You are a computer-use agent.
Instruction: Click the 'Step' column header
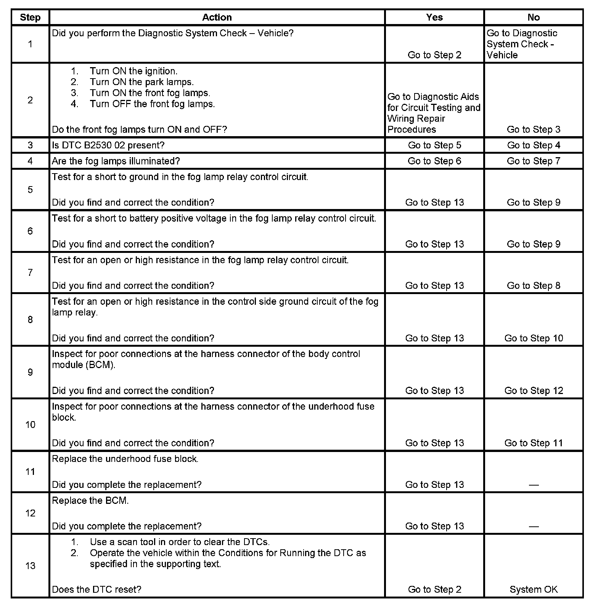[30, 18]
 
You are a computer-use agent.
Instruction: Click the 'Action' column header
[217, 18]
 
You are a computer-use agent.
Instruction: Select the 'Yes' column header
[434, 18]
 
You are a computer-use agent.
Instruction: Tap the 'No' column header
[534, 18]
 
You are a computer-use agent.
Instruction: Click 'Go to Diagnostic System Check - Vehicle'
[522, 44]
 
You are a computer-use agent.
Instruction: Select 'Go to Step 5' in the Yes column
[434, 145]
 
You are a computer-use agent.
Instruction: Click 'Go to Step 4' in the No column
[534, 145]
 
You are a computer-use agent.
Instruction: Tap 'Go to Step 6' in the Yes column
[434, 161]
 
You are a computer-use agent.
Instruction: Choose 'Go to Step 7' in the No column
[534, 161]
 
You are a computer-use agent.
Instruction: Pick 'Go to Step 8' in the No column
[534, 286]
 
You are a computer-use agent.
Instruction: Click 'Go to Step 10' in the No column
[534, 338]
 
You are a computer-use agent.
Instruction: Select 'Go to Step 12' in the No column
[534, 391]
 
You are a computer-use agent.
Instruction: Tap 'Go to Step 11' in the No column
[534, 443]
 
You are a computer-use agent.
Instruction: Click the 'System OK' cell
[534, 590]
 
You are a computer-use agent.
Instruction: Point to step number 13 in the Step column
[30, 566]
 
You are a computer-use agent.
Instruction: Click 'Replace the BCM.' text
[90, 501]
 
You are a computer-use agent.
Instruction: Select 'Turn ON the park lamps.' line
[141, 82]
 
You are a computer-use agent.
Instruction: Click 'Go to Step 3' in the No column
[534, 130]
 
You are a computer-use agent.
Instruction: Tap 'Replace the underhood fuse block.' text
[125, 459]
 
